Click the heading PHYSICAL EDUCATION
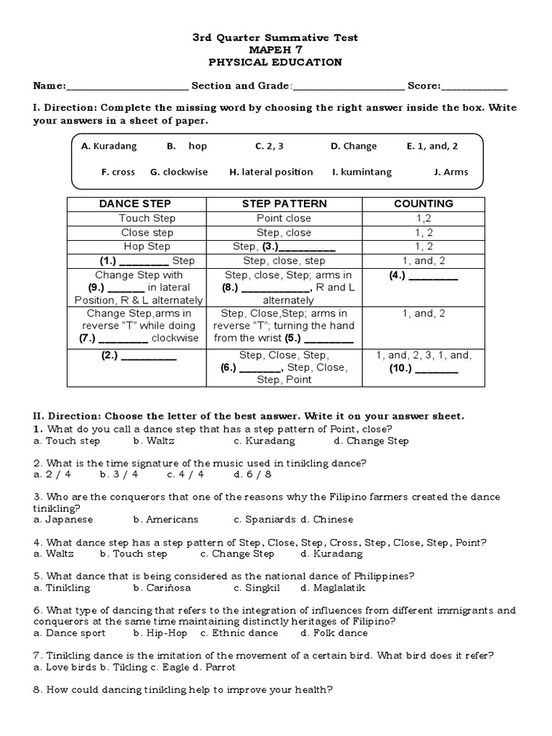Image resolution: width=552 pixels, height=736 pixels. coord(276,63)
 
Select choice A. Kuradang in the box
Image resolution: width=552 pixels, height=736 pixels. coord(109,146)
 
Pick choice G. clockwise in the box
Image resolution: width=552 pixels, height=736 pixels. coord(179,172)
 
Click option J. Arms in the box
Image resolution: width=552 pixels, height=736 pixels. coord(451,172)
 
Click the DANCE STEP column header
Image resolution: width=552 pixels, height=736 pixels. coord(135,203)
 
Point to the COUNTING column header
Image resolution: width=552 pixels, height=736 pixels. coord(423,203)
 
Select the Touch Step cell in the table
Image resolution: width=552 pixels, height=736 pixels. coord(147,218)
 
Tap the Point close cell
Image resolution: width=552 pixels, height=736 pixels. coord(284,218)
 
